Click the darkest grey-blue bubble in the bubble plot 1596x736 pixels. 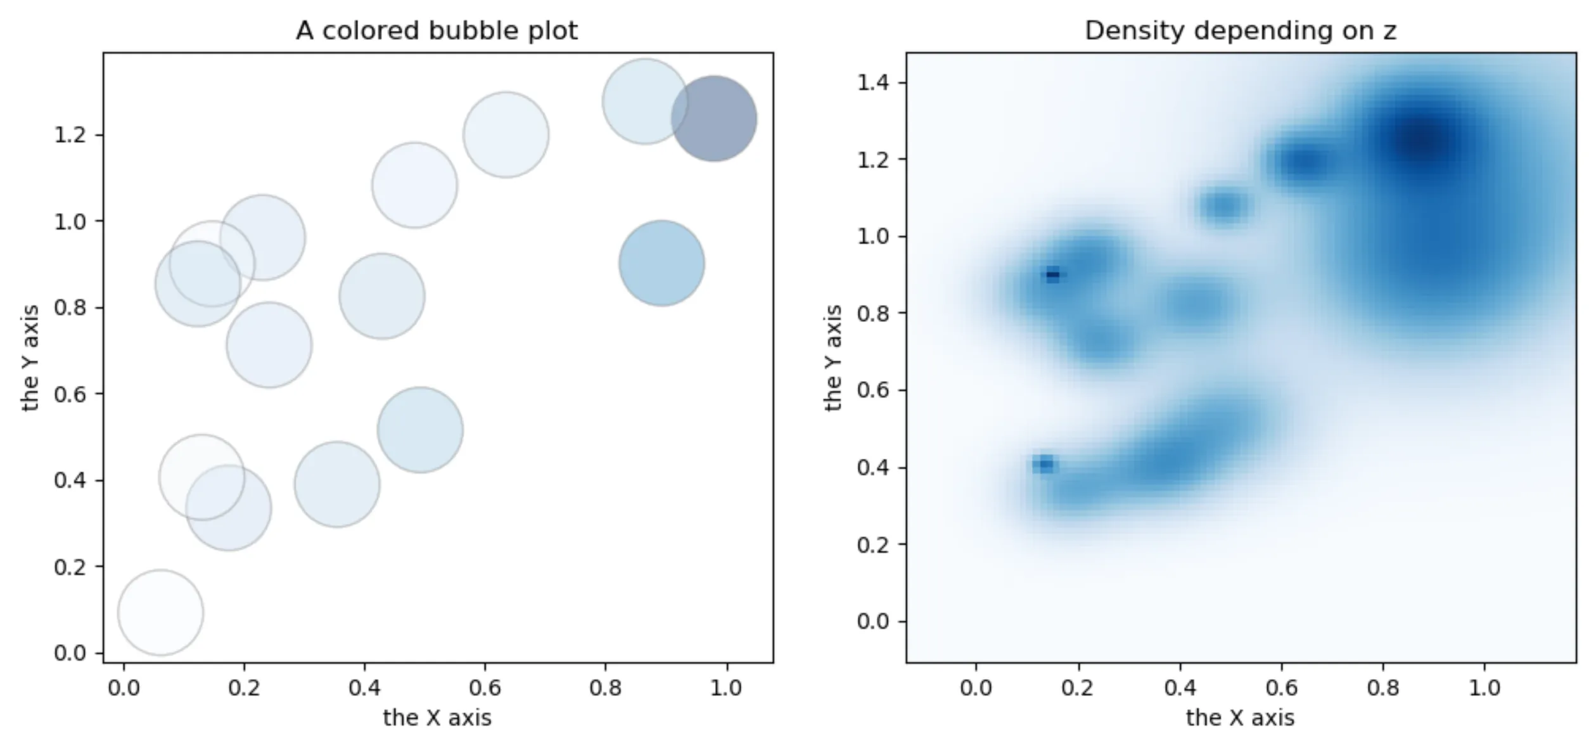713,119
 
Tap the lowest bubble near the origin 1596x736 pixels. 160,612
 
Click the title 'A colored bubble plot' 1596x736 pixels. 437,30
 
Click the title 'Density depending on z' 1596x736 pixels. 1240,30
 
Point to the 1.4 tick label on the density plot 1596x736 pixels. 874,83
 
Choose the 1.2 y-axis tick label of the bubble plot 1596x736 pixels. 70,135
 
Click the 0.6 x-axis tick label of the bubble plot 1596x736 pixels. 485,688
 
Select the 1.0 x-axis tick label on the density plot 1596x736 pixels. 1484,688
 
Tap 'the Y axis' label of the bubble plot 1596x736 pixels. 30,358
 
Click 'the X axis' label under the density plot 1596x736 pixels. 1240,718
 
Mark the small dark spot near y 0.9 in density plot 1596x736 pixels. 1052,274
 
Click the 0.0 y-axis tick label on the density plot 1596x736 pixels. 874,621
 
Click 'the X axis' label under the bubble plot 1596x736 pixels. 437,718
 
